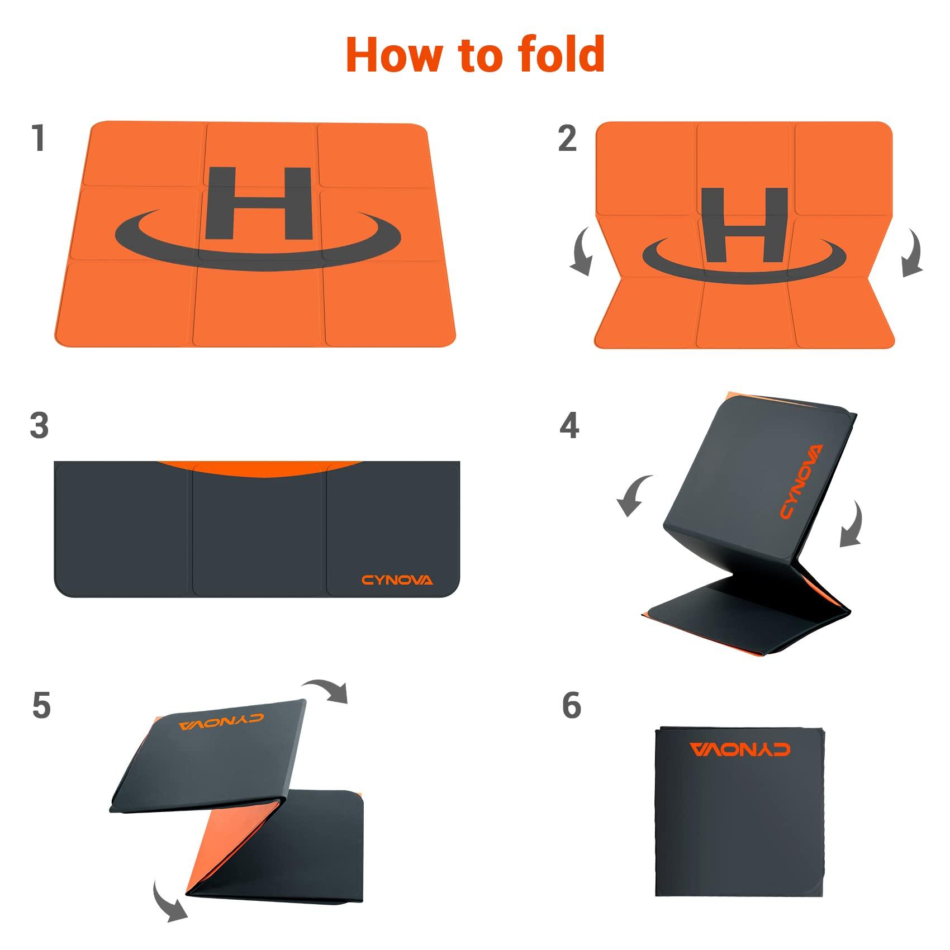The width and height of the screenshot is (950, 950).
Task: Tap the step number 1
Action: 39,138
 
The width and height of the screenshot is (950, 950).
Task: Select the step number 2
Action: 567,138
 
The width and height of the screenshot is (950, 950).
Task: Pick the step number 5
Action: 41,705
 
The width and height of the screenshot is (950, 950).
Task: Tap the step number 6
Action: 572,705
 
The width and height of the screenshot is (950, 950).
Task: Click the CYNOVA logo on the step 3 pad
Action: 397,580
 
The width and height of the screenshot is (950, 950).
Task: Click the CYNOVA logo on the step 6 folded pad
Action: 740,749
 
